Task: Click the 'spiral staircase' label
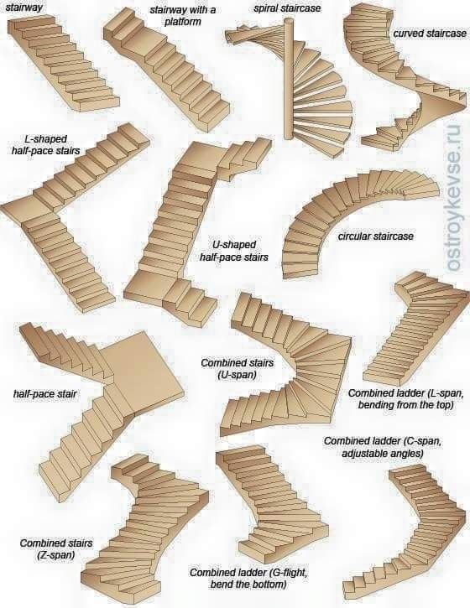click(287, 8)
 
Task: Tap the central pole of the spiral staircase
click(289, 80)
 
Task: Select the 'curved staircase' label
click(430, 34)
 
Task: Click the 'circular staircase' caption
click(376, 236)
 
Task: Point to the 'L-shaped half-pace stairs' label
click(45, 144)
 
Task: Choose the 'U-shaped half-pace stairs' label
click(234, 251)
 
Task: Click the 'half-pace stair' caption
click(44, 394)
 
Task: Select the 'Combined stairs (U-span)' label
click(237, 369)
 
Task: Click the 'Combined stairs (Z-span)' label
click(56, 548)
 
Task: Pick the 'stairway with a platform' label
click(183, 15)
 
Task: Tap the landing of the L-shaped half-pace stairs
click(27, 209)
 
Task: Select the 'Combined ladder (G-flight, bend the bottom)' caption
click(248, 578)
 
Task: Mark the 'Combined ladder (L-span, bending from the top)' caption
click(405, 399)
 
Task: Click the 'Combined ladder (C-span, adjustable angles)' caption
click(382, 447)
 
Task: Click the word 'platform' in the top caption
click(183, 21)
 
